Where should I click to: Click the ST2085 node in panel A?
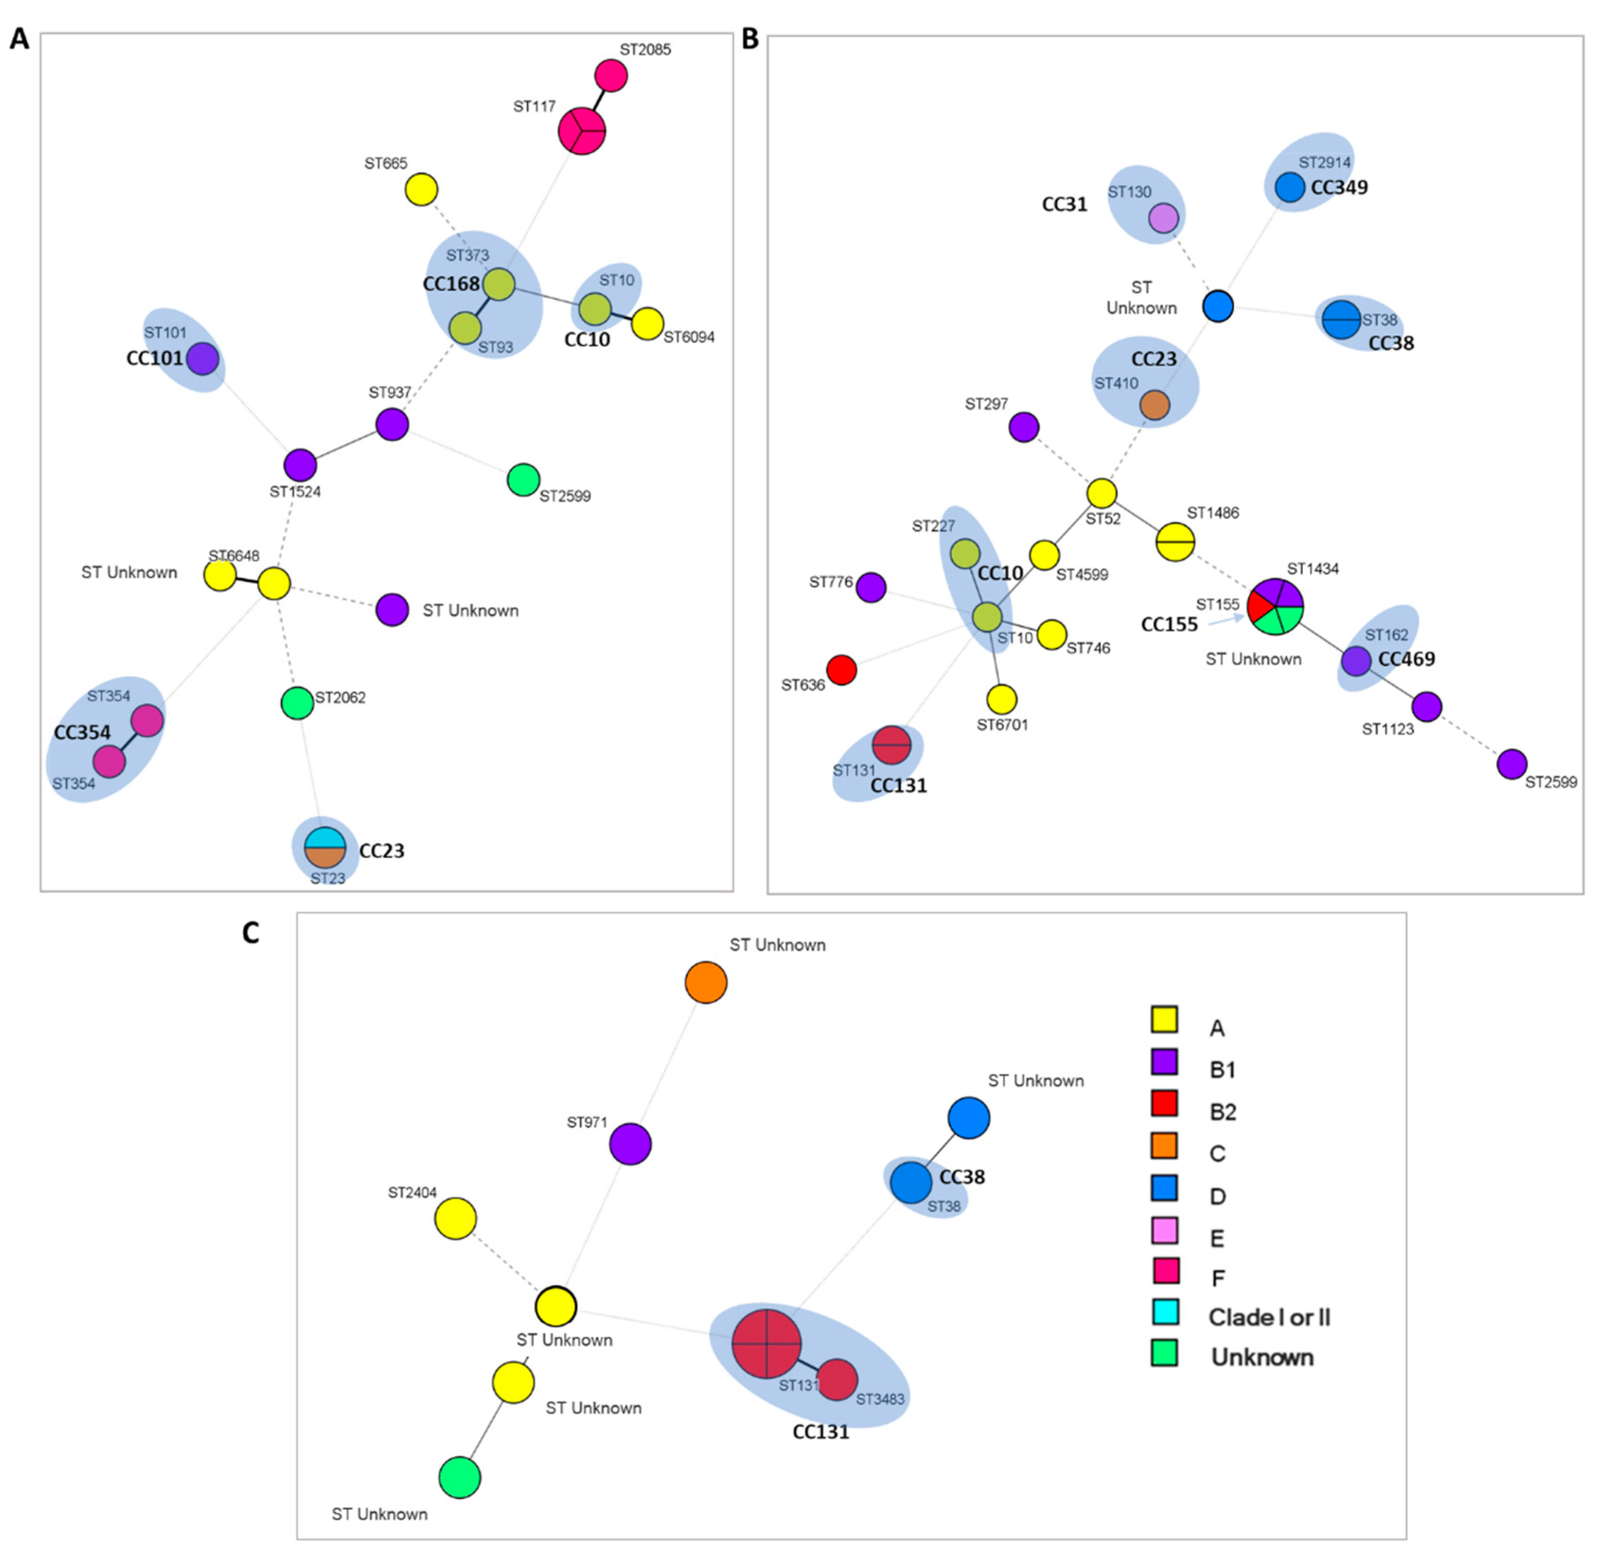click(611, 75)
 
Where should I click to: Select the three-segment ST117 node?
click(582, 131)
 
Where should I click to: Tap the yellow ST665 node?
click(422, 190)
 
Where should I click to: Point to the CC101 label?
click(155, 359)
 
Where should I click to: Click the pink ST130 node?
click(1163, 219)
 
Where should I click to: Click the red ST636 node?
click(841, 670)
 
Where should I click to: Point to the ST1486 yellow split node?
click(1175, 543)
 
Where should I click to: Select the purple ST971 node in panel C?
click(630, 1144)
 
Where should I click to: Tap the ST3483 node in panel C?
click(838, 1379)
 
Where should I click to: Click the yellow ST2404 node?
click(455, 1218)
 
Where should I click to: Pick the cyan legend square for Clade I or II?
click(1164, 1312)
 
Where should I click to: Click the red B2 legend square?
click(1164, 1103)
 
